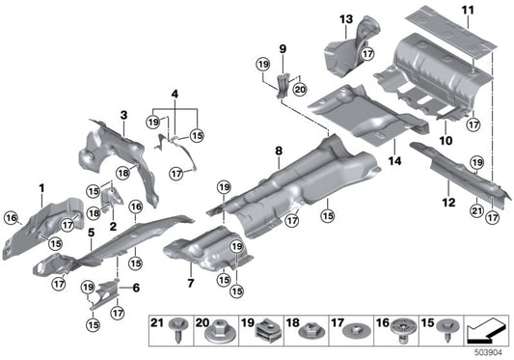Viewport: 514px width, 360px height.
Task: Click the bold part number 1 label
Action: (x=41, y=185)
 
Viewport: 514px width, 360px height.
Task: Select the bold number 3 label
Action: (x=123, y=116)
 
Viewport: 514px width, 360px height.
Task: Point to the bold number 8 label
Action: (x=278, y=151)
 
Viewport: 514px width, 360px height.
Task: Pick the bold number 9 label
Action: (x=283, y=47)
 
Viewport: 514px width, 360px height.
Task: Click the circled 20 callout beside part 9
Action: (x=298, y=89)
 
